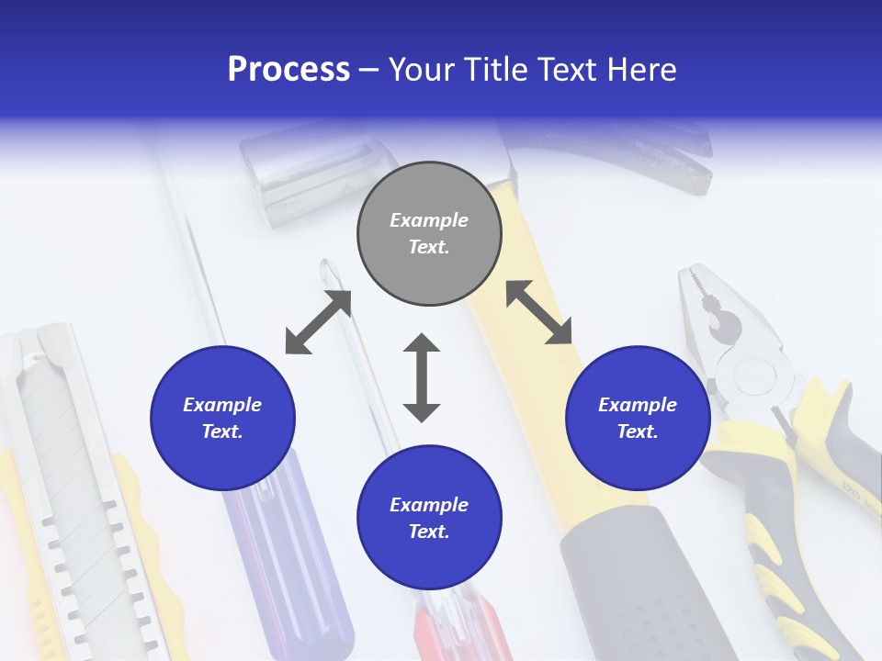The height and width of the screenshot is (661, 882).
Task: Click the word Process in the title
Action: click(288, 70)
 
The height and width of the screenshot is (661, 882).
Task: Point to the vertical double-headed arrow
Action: click(422, 377)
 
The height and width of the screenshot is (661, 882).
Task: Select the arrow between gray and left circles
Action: click(318, 322)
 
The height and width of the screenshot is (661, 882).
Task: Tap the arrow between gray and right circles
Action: click(538, 312)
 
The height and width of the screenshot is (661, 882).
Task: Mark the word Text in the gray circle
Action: click(428, 247)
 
